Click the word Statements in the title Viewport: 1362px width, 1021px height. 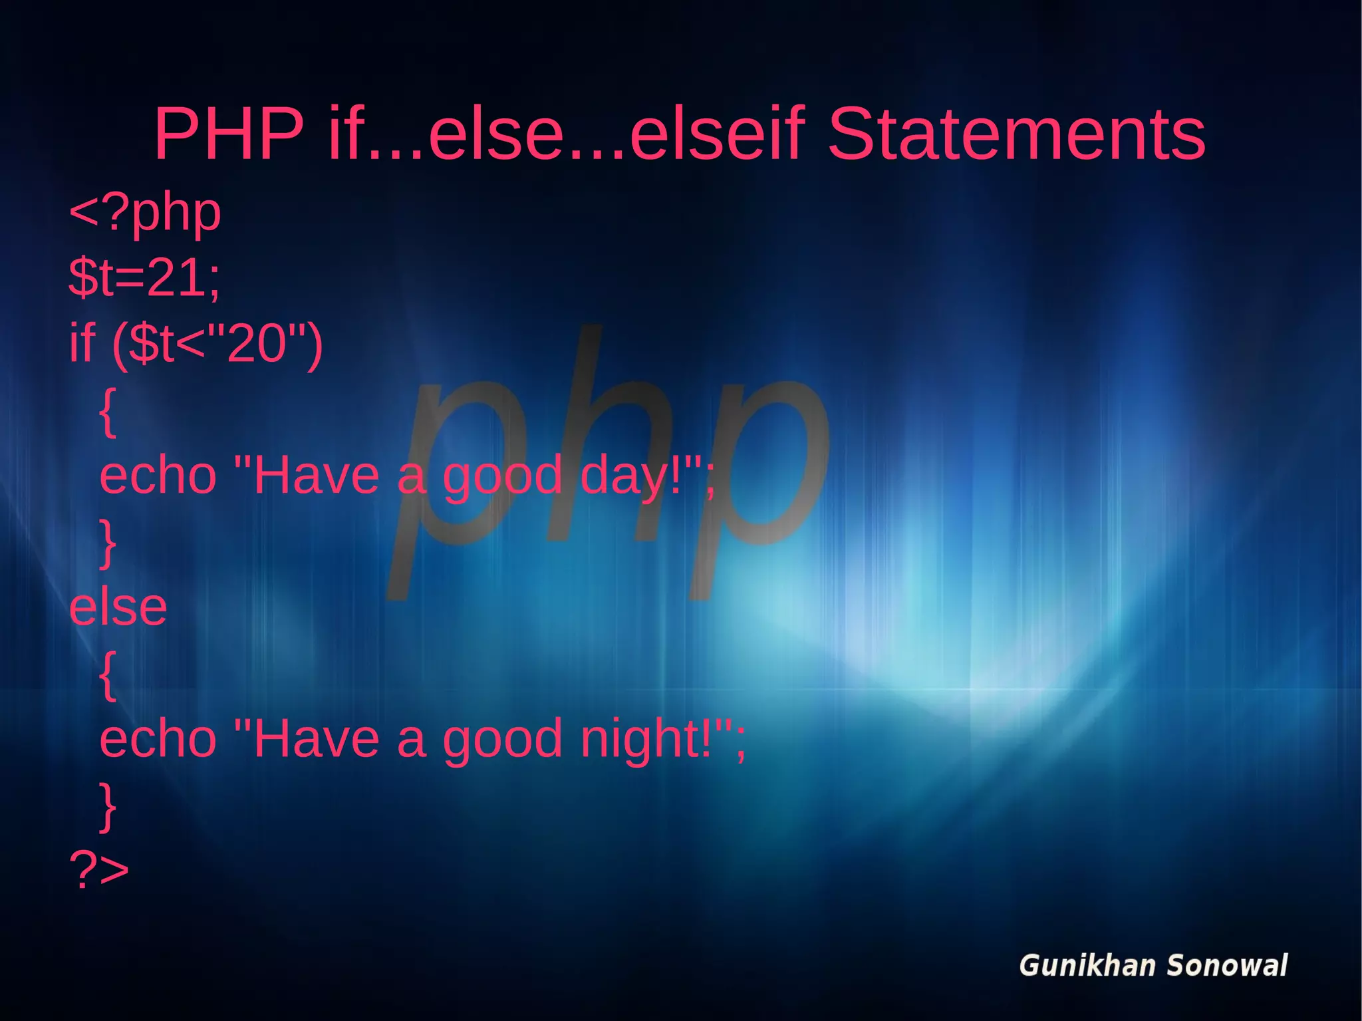(1016, 134)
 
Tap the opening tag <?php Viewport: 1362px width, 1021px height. (145, 213)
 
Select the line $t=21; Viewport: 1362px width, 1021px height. (144, 277)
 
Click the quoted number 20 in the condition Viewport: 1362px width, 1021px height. (257, 344)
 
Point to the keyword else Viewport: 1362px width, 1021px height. (118, 607)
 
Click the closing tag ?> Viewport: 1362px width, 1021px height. (99, 869)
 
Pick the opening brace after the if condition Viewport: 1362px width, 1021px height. (108, 412)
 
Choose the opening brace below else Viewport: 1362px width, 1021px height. (108, 675)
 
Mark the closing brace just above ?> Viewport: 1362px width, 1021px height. (108, 806)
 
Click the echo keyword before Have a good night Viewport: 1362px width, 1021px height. (158, 740)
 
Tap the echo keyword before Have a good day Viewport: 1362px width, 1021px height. (158, 476)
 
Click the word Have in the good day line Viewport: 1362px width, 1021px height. (317, 476)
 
